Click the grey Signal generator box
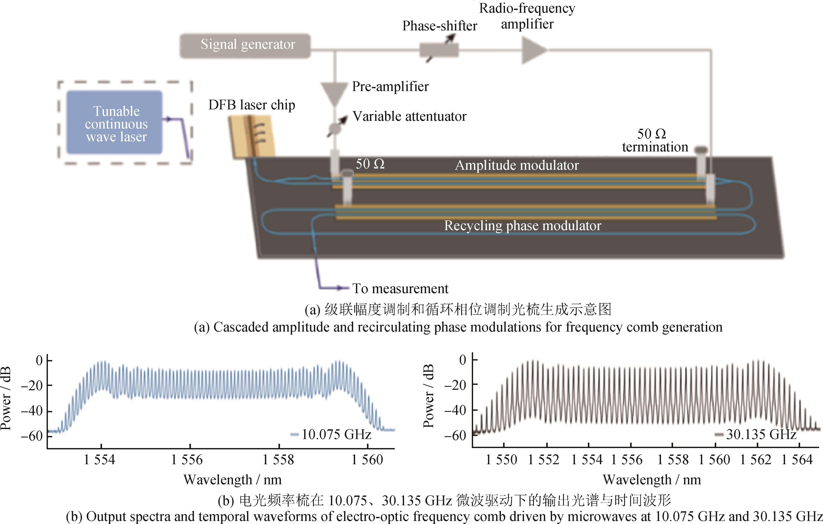tap(245, 46)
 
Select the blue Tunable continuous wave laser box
tap(115, 122)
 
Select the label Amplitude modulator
tap(516, 165)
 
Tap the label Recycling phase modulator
tap(522, 226)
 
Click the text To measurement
tap(400, 289)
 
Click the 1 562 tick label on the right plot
tap(756, 460)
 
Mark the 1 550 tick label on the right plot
tap(501, 460)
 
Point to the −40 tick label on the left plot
tap(31, 411)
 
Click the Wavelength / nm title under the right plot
tap(651, 480)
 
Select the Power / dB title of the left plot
tap(6, 398)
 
